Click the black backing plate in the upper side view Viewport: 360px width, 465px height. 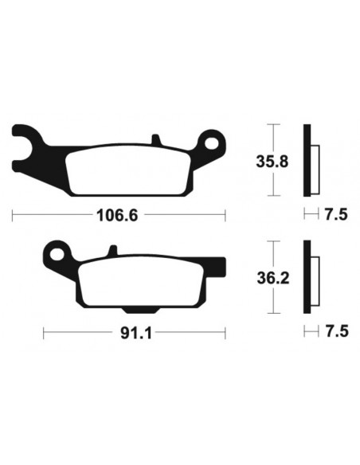307,160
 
